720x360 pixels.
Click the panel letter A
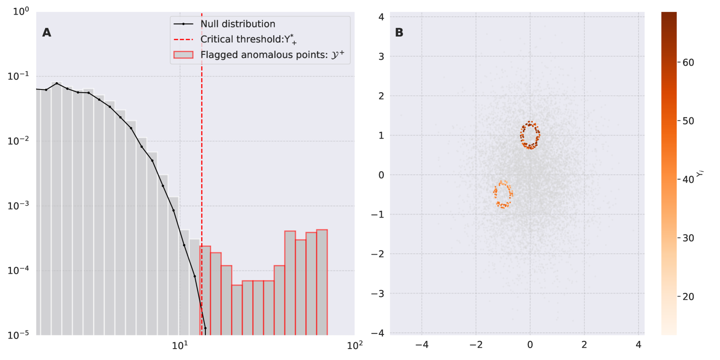click(47, 32)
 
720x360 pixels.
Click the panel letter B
click(399, 32)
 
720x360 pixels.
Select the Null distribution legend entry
click(238, 24)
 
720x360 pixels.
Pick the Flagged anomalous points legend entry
click(272, 55)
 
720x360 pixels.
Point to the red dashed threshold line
click(202, 137)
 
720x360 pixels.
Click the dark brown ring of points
click(530, 135)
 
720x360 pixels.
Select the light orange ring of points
click(503, 194)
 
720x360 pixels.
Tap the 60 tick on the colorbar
click(688, 63)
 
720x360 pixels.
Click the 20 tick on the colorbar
click(688, 297)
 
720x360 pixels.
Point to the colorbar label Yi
click(700, 173)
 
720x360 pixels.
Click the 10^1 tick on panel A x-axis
click(180, 345)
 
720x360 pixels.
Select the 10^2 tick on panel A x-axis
click(355, 345)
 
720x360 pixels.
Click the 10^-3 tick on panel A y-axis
click(18, 205)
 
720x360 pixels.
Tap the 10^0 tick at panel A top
click(21, 11)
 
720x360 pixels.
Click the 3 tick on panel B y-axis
click(381, 57)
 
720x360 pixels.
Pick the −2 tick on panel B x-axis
click(476, 345)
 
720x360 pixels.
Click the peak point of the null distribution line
click(57, 83)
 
